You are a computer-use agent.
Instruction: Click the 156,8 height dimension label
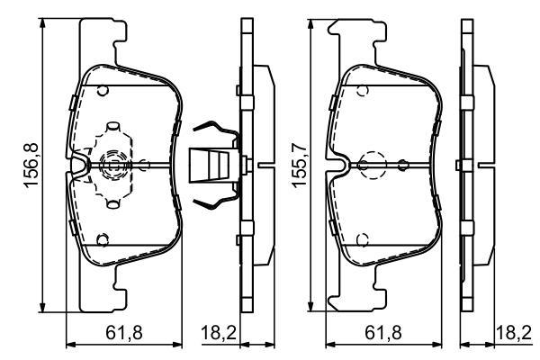pos(31,165)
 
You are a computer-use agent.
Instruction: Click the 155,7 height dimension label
pos(300,166)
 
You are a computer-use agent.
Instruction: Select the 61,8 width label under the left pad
pos(124,333)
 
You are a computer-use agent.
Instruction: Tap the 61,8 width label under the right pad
pos(383,333)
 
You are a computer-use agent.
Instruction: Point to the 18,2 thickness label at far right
pos(514,333)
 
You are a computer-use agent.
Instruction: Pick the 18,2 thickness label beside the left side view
pos(219,333)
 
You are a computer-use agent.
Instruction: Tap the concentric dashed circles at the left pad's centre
pos(112,166)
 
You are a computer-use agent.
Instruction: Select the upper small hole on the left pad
pos(103,91)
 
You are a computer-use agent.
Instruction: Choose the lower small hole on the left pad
pos(103,240)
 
